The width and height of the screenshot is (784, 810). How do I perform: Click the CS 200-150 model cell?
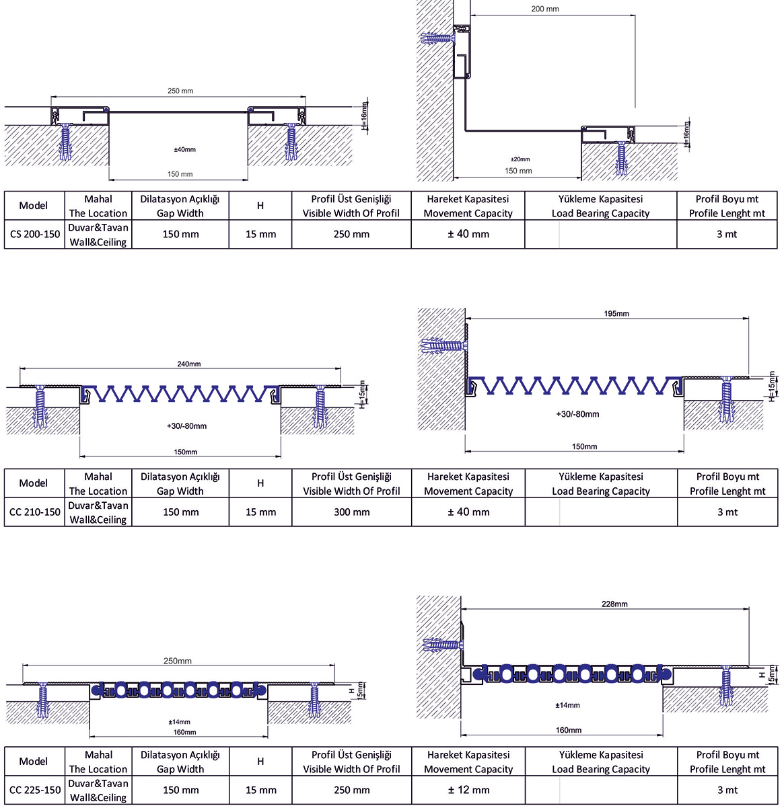34,235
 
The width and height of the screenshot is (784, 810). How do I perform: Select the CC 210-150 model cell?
34,512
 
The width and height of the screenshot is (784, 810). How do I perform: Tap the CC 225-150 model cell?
34,790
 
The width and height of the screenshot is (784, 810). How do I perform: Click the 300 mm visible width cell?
352,512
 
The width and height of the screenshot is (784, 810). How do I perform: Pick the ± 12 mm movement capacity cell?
468,790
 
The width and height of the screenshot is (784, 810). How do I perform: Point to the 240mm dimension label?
189,364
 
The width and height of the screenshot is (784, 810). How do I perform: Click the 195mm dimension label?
616,313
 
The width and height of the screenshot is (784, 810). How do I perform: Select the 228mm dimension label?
614,604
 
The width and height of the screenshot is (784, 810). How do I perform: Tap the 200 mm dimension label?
544,9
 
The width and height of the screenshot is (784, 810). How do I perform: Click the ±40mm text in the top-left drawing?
184,149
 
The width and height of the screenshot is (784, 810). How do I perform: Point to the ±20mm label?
520,159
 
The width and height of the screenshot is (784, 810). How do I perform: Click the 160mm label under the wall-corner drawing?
569,730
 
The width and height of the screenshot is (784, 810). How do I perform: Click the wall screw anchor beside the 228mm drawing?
443,645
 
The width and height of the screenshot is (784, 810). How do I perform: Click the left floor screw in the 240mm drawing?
40,407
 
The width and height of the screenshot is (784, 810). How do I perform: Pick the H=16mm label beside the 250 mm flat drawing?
364,117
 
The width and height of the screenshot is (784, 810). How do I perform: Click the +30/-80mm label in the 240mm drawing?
186,426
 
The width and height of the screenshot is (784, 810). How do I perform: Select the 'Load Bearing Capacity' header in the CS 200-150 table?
600,213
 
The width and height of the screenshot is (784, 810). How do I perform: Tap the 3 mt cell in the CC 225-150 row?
727,790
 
